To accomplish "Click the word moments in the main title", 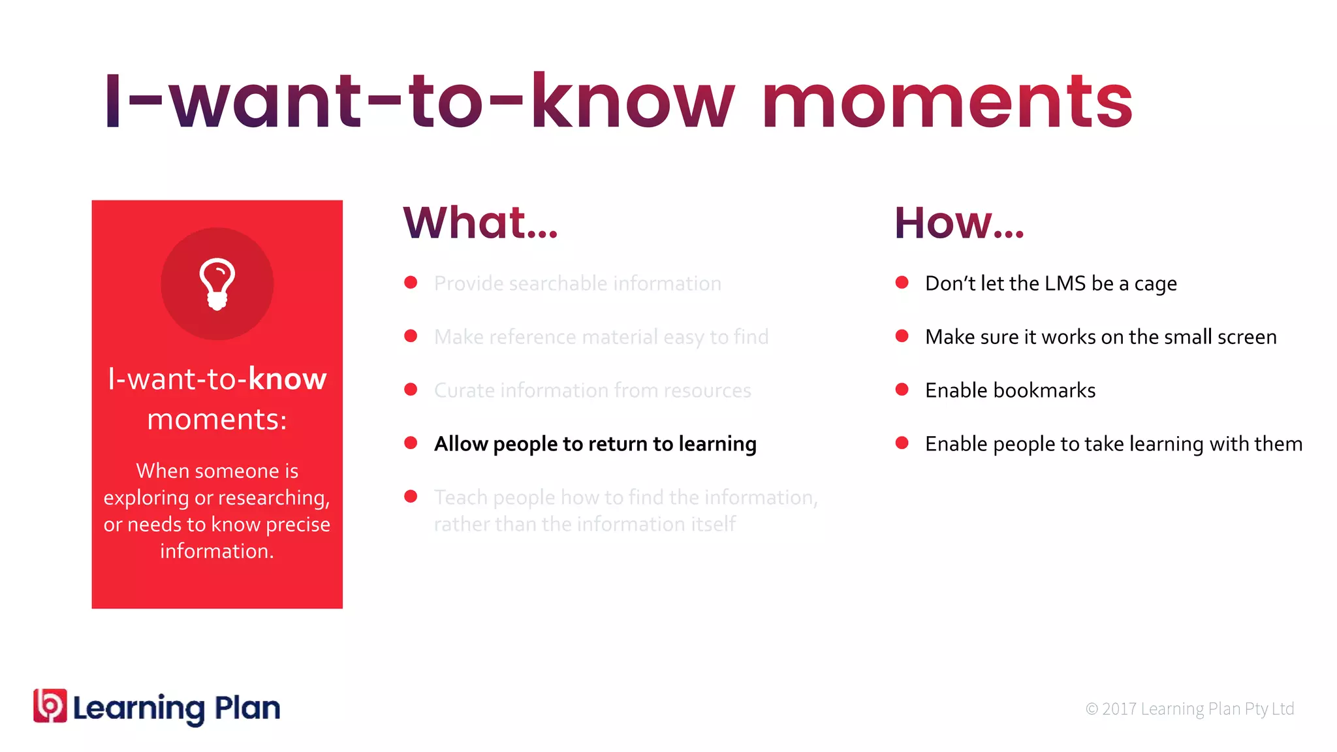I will (947, 102).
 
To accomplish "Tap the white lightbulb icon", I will (217, 284).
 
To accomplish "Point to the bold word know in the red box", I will (287, 379).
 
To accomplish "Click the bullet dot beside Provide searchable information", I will (411, 282).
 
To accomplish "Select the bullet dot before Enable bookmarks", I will (902, 389).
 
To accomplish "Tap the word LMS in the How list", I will (1065, 283).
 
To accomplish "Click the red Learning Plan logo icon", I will (50, 706).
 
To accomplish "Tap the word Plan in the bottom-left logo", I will (247, 708).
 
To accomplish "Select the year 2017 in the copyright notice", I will (1119, 709).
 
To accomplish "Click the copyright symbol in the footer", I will (1092, 709).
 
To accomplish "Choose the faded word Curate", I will (464, 390).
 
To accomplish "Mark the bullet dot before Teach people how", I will (411, 496).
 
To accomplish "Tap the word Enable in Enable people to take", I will (956, 444).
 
